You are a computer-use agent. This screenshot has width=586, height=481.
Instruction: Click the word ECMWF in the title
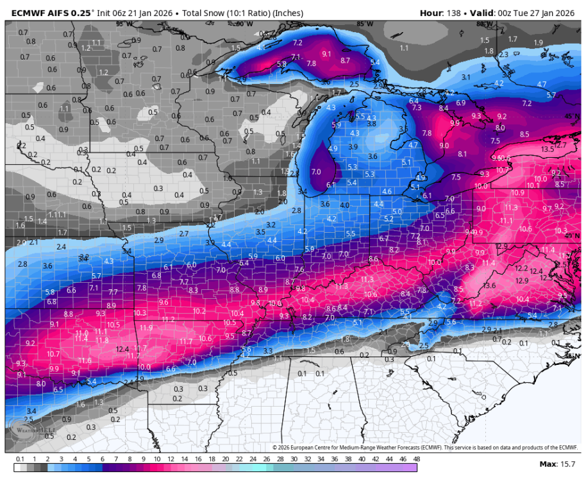pos(27,13)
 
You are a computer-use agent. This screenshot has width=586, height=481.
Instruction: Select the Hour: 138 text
pos(443,13)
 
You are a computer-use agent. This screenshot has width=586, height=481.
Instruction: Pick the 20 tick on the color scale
pos(225,459)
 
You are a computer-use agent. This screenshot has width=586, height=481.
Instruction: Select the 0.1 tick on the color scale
pos(20,459)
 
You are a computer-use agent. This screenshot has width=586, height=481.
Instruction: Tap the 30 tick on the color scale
pos(293,459)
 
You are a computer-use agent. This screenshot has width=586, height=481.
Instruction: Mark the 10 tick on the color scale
pos(157,459)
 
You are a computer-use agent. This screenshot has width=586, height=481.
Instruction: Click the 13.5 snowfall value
pos(547,149)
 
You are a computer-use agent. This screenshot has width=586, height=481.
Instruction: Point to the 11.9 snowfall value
pos(146,328)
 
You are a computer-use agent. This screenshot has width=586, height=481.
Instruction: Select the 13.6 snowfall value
pos(489,285)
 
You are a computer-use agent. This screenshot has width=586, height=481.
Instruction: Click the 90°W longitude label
pos(244,24)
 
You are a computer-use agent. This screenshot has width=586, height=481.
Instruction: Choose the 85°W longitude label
pos(364,24)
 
